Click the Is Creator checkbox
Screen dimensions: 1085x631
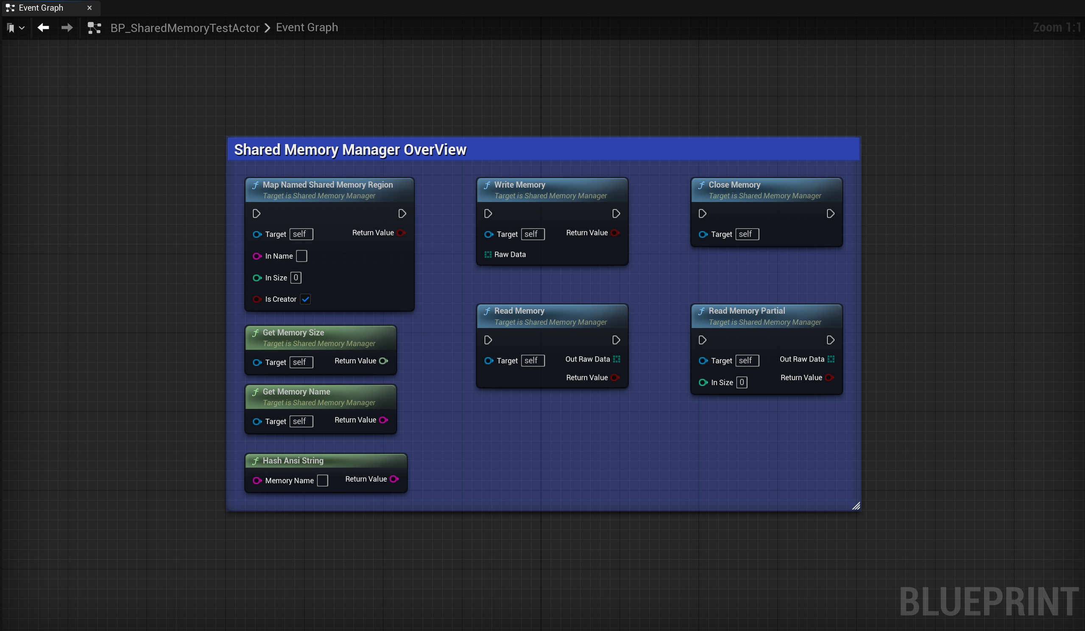click(x=305, y=299)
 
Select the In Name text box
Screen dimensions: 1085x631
click(x=301, y=256)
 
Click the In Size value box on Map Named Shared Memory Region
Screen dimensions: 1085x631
click(x=296, y=278)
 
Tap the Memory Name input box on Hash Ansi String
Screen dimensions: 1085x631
click(x=323, y=481)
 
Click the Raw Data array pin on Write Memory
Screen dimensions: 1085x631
click(x=488, y=254)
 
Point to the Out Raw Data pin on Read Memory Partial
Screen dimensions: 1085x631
click(x=831, y=359)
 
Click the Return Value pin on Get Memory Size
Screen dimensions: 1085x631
click(x=383, y=361)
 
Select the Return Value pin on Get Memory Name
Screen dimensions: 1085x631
click(x=383, y=420)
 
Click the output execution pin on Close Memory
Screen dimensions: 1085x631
click(x=831, y=214)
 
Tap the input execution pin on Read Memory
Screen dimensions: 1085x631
click(x=488, y=340)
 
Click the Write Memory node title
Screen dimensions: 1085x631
click(x=520, y=185)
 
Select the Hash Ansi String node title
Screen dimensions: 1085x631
click(x=293, y=461)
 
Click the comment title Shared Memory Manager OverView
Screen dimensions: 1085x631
click(x=350, y=149)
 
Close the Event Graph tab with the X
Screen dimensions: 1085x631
click(x=89, y=8)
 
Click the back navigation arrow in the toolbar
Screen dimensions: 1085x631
click(x=43, y=28)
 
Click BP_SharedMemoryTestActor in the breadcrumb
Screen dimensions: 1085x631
click(x=185, y=28)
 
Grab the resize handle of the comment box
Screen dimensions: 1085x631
click(x=856, y=506)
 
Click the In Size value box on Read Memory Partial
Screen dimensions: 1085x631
click(x=742, y=382)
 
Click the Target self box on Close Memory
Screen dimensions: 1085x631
click(x=747, y=234)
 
